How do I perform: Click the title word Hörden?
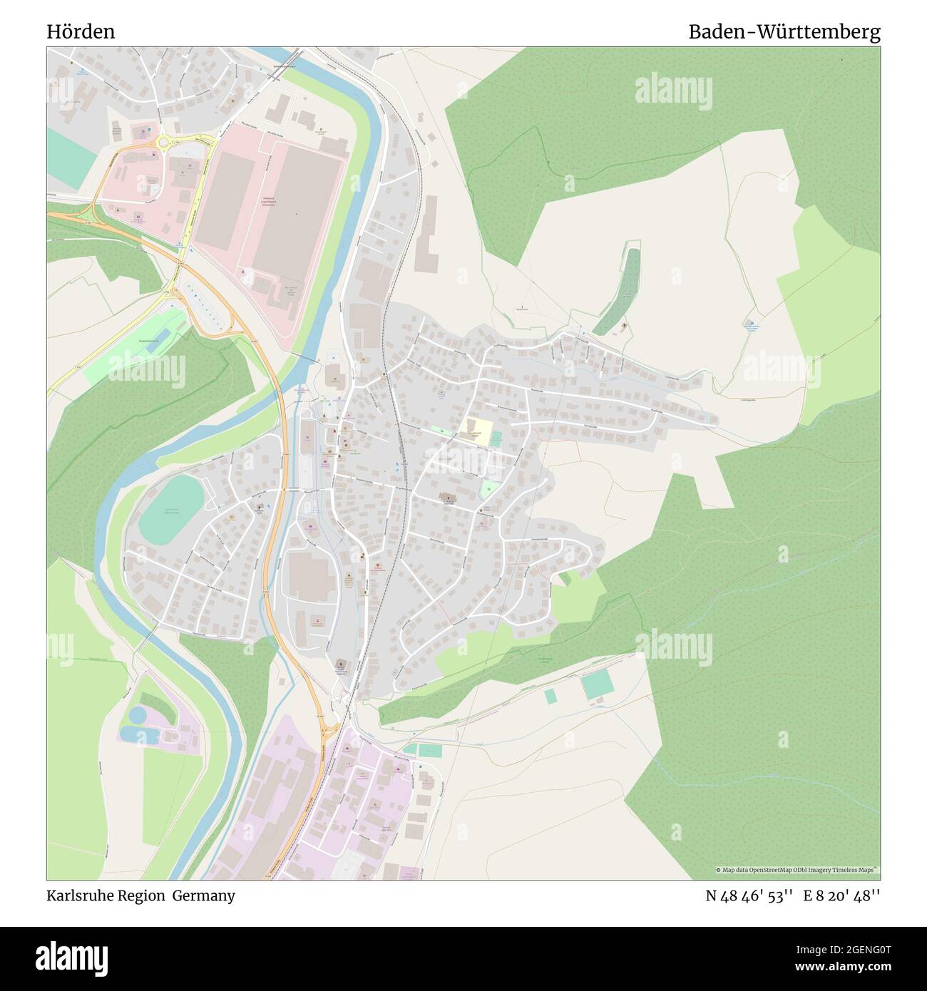(x=81, y=32)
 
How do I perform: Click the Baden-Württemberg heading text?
(x=784, y=32)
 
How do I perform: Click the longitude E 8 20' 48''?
(x=841, y=895)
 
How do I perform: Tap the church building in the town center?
(x=448, y=499)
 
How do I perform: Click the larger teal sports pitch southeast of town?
(x=595, y=686)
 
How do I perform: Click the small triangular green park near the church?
(x=488, y=489)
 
